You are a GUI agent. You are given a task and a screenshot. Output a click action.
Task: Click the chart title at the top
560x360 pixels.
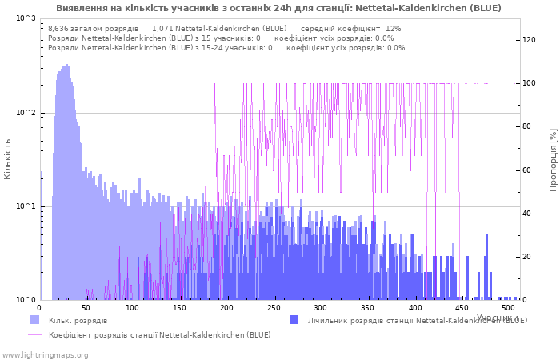point(278,8)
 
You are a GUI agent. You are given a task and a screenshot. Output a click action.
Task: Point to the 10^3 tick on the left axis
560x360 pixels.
point(26,18)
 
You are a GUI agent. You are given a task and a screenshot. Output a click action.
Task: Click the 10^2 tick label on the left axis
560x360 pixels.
point(26,113)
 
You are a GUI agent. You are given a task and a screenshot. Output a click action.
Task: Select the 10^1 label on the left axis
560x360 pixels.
point(26,206)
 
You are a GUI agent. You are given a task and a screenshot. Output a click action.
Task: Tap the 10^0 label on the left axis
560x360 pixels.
point(26,300)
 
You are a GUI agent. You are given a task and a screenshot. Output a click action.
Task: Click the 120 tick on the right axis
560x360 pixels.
point(529,40)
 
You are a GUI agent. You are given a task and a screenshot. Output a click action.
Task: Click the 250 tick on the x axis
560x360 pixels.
point(274,307)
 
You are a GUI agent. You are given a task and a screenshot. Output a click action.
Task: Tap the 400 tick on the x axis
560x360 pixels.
point(414,307)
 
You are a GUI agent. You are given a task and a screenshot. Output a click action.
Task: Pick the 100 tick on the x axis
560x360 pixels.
point(133,307)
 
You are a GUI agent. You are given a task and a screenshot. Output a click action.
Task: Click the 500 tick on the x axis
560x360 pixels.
point(508,307)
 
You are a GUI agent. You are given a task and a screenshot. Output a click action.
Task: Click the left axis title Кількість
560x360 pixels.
point(8,158)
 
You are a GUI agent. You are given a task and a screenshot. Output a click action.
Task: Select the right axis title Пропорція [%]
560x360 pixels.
point(553,158)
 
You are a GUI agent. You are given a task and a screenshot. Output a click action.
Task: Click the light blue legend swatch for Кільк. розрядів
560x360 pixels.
point(34,320)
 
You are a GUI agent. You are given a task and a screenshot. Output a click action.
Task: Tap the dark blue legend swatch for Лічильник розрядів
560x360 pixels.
point(294,320)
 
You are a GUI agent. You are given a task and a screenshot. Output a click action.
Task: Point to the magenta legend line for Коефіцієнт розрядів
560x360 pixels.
point(34,334)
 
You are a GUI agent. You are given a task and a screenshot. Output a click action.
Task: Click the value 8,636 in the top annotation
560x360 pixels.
point(58,28)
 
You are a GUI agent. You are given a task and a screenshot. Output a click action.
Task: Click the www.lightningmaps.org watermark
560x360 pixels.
point(45,354)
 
